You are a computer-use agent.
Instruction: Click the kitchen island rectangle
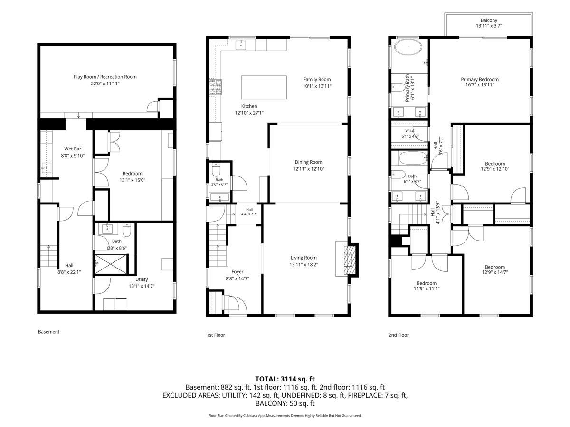point(264,87)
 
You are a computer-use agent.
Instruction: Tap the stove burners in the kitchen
point(216,87)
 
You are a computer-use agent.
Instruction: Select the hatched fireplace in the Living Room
point(350,260)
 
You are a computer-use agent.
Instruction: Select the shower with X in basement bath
point(111,264)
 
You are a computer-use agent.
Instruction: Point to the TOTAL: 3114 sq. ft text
point(285,379)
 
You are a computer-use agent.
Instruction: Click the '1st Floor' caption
point(216,335)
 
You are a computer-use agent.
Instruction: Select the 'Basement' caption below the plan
point(49,332)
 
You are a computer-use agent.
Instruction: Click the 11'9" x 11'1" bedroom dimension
point(427,288)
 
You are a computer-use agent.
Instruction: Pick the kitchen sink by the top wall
point(241,45)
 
